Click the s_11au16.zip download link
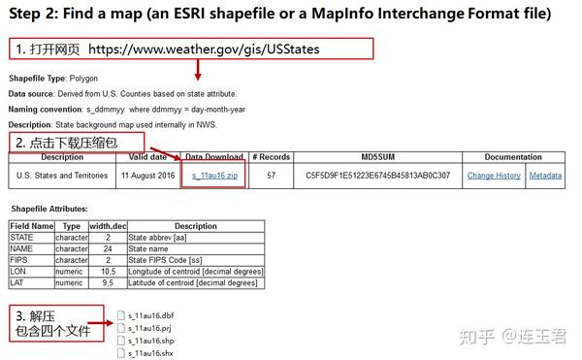(x=213, y=176)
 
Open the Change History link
(x=494, y=176)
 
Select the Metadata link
(x=545, y=176)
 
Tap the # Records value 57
(x=271, y=176)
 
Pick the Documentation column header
(x=513, y=157)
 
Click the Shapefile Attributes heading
(x=48, y=209)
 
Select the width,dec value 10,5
(x=108, y=272)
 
